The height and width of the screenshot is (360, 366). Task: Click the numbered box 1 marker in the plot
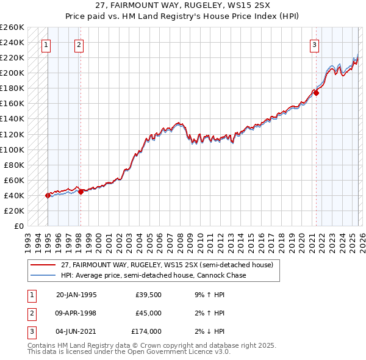coord(47,44)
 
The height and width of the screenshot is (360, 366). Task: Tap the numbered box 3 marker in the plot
coord(314,44)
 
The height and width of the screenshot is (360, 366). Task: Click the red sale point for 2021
coord(316,93)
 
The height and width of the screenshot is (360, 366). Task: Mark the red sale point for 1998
coord(81,192)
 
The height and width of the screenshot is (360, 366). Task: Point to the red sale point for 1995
coord(48,195)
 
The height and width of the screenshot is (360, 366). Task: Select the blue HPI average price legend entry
coord(153,275)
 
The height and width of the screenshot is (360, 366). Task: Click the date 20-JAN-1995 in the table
coord(76,295)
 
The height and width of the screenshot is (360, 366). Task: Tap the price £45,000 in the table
coord(148,313)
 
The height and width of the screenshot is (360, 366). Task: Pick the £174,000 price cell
coord(146,331)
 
